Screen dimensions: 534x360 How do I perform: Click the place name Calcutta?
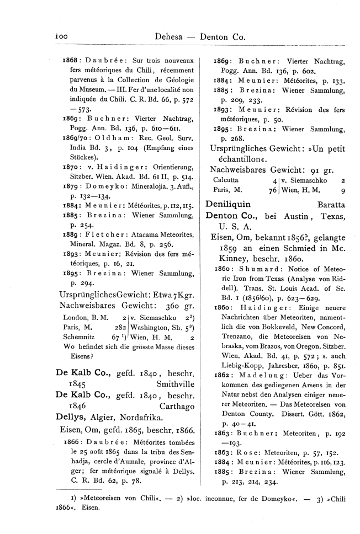225,180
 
